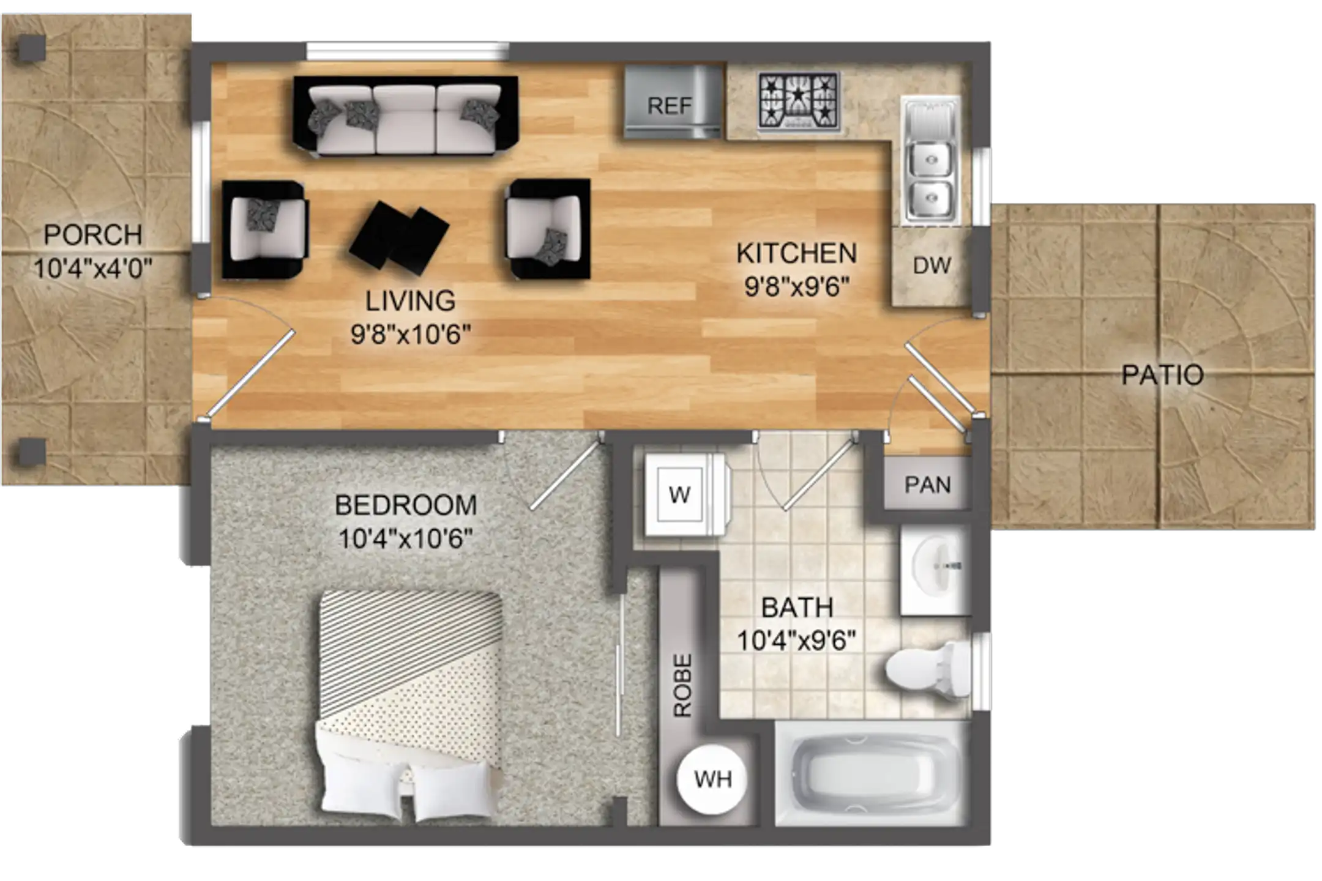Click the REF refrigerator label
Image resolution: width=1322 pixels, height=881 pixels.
670,106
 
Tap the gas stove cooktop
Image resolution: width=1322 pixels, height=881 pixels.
798,101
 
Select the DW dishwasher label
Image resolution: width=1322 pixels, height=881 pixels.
932,266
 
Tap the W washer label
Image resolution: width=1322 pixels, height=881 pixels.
680,494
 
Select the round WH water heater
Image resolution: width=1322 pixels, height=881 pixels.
712,779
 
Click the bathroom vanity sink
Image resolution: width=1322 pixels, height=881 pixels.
935,569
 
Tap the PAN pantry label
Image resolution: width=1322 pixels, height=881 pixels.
928,485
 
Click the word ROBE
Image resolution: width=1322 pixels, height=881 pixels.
682,685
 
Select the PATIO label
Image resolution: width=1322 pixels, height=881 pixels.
1162,374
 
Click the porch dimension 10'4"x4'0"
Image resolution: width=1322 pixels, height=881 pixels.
92,269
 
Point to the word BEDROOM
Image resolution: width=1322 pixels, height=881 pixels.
406,505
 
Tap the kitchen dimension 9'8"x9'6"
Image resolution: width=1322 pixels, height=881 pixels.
797,286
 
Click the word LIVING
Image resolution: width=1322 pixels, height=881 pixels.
410,301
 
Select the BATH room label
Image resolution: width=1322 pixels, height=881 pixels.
797,608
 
